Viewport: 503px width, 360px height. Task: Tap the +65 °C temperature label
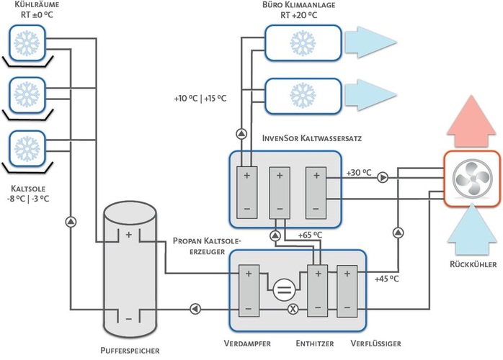[310, 235]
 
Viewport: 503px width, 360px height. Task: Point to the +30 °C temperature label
[359, 173]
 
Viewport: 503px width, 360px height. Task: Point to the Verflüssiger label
[377, 344]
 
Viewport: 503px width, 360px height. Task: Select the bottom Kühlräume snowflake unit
[27, 146]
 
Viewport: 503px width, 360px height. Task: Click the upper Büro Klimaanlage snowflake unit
[302, 40]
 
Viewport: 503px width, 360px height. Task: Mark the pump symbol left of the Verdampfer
[195, 309]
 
